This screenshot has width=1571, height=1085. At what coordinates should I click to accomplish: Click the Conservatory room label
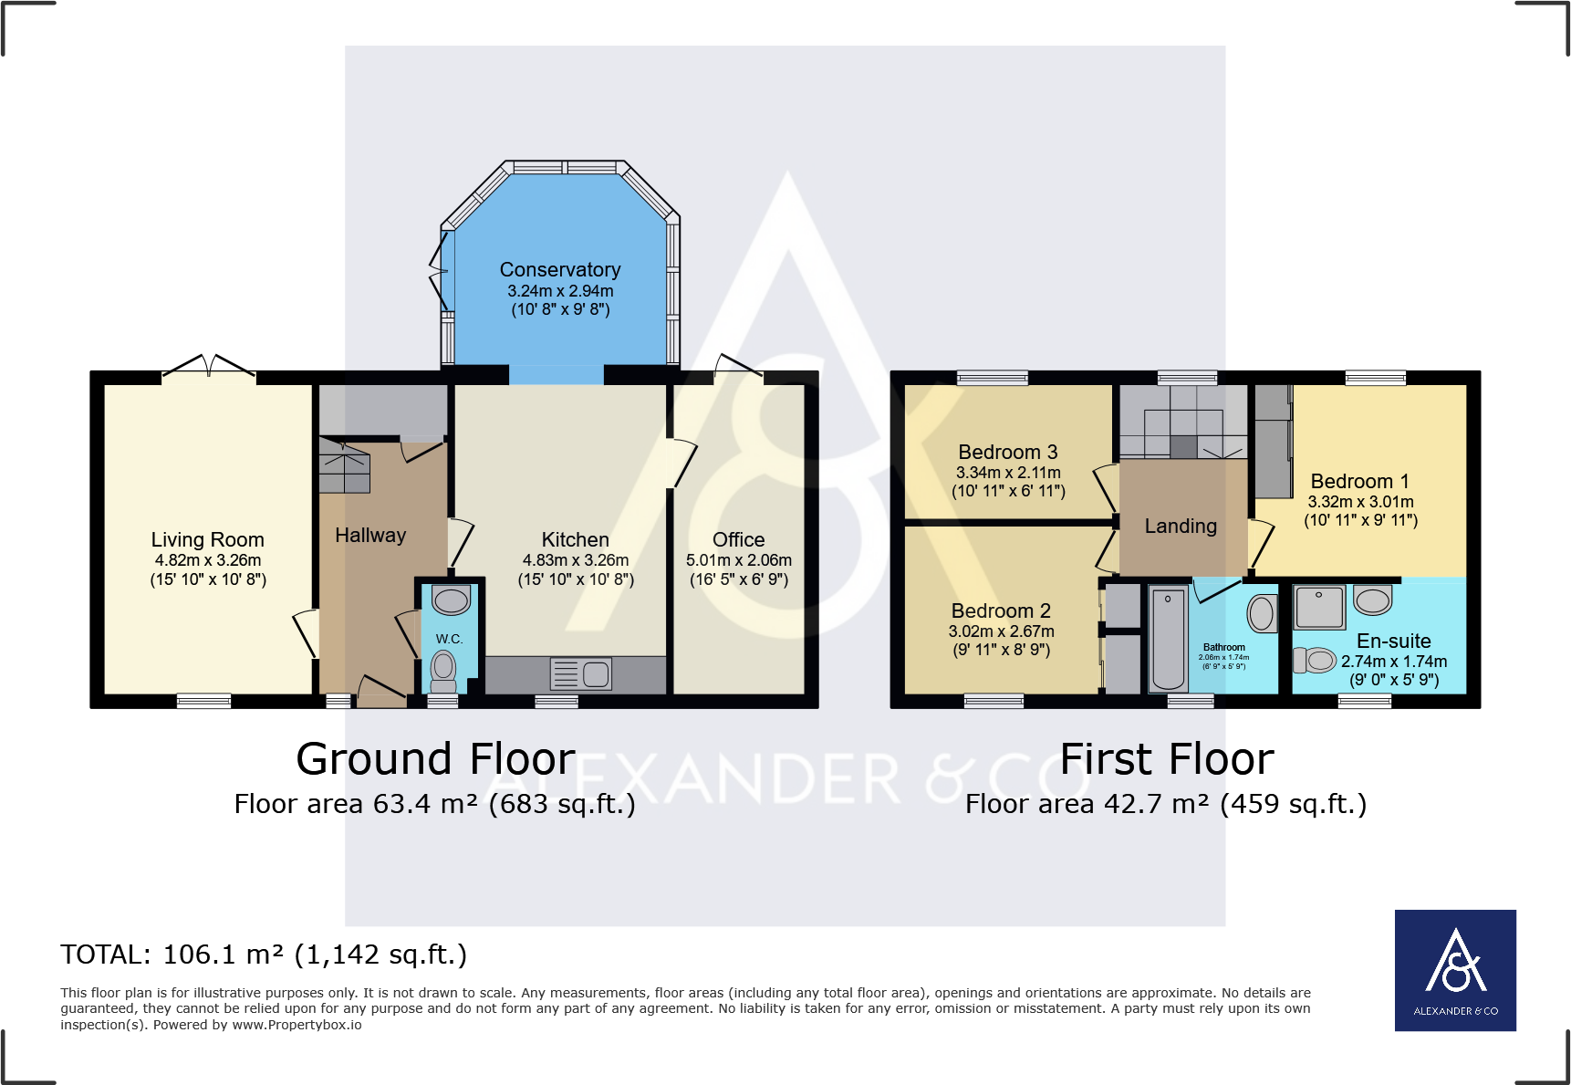click(559, 270)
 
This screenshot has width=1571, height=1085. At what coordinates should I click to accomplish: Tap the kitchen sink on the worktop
click(581, 674)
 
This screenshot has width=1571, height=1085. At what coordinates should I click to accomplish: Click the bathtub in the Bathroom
click(1168, 639)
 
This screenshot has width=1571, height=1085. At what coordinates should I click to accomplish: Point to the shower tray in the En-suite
click(1319, 607)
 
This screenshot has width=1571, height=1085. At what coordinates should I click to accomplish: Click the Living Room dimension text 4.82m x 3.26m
click(208, 560)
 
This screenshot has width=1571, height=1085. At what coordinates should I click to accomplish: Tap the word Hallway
click(370, 536)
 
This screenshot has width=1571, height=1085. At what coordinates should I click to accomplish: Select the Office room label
click(738, 540)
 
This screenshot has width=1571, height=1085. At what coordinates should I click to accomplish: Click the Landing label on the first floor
click(1181, 527)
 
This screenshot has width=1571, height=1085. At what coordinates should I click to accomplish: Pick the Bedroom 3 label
click(1007, 453)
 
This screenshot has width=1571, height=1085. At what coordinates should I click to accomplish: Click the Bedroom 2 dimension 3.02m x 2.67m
click(1001, 631)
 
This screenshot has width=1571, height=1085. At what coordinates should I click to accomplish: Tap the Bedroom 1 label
click(1359, 482)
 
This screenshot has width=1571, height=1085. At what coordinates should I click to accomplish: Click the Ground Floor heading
click(435, 759)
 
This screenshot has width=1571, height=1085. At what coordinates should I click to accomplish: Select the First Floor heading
click(1166, 759)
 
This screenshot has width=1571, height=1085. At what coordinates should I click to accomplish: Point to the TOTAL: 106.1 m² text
click(264, 955)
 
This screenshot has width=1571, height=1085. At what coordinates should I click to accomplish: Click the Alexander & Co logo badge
click(1454, 970)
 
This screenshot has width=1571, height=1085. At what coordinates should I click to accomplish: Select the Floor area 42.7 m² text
click(1165, 804)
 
